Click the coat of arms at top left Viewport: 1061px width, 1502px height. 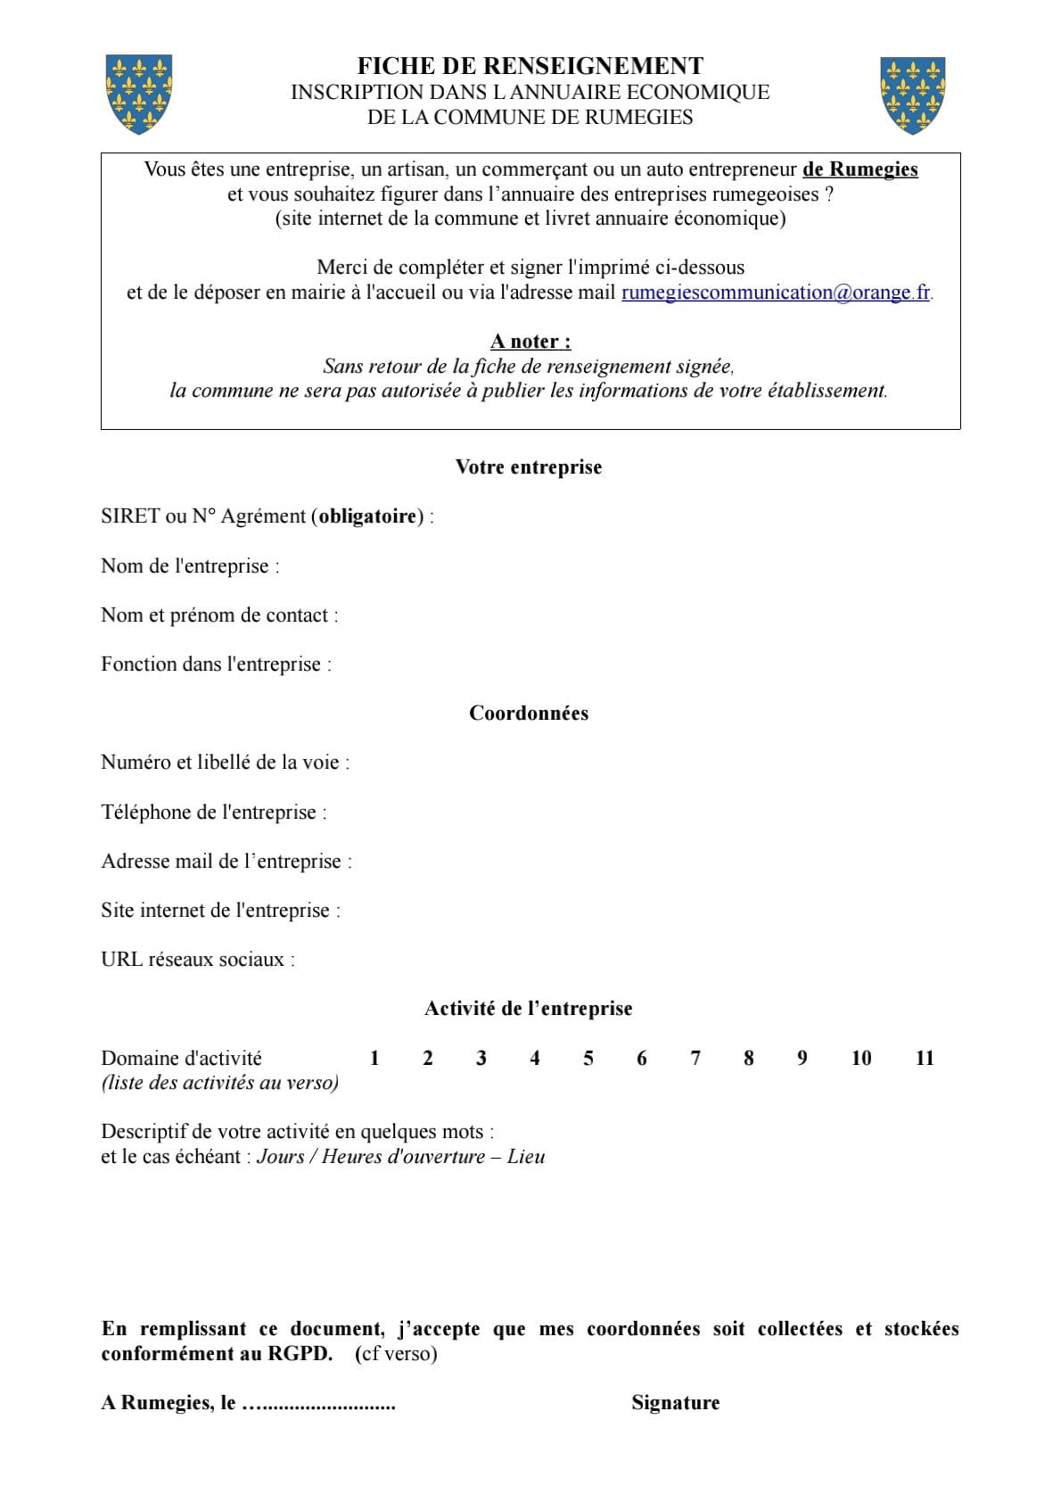tap(138, 94)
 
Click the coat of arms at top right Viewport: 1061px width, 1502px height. tap(912, 95)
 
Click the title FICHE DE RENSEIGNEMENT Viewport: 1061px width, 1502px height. tap(530, 66)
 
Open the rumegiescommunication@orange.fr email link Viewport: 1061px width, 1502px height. tap(776, 293)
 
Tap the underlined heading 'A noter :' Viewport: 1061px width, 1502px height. tap(530, 342)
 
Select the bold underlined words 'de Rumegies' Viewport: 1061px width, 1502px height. tap(859, 169)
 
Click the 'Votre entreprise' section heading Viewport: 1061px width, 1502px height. tap(529, 467)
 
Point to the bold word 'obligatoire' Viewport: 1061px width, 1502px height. tap(367, 516)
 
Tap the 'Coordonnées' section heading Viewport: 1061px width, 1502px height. tap(529, 714)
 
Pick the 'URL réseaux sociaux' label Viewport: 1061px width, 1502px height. tap(197, 960)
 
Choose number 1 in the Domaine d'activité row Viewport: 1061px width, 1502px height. tap(374, 1059)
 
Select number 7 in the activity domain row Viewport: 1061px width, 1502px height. tap(695, 1059)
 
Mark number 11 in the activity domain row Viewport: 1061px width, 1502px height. tap(925, 1059)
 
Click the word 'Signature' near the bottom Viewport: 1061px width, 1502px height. tap(675, 1403)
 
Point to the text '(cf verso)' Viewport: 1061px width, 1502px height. tap(396, 1354)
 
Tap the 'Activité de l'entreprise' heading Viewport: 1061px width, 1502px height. tap(529, 1009)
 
